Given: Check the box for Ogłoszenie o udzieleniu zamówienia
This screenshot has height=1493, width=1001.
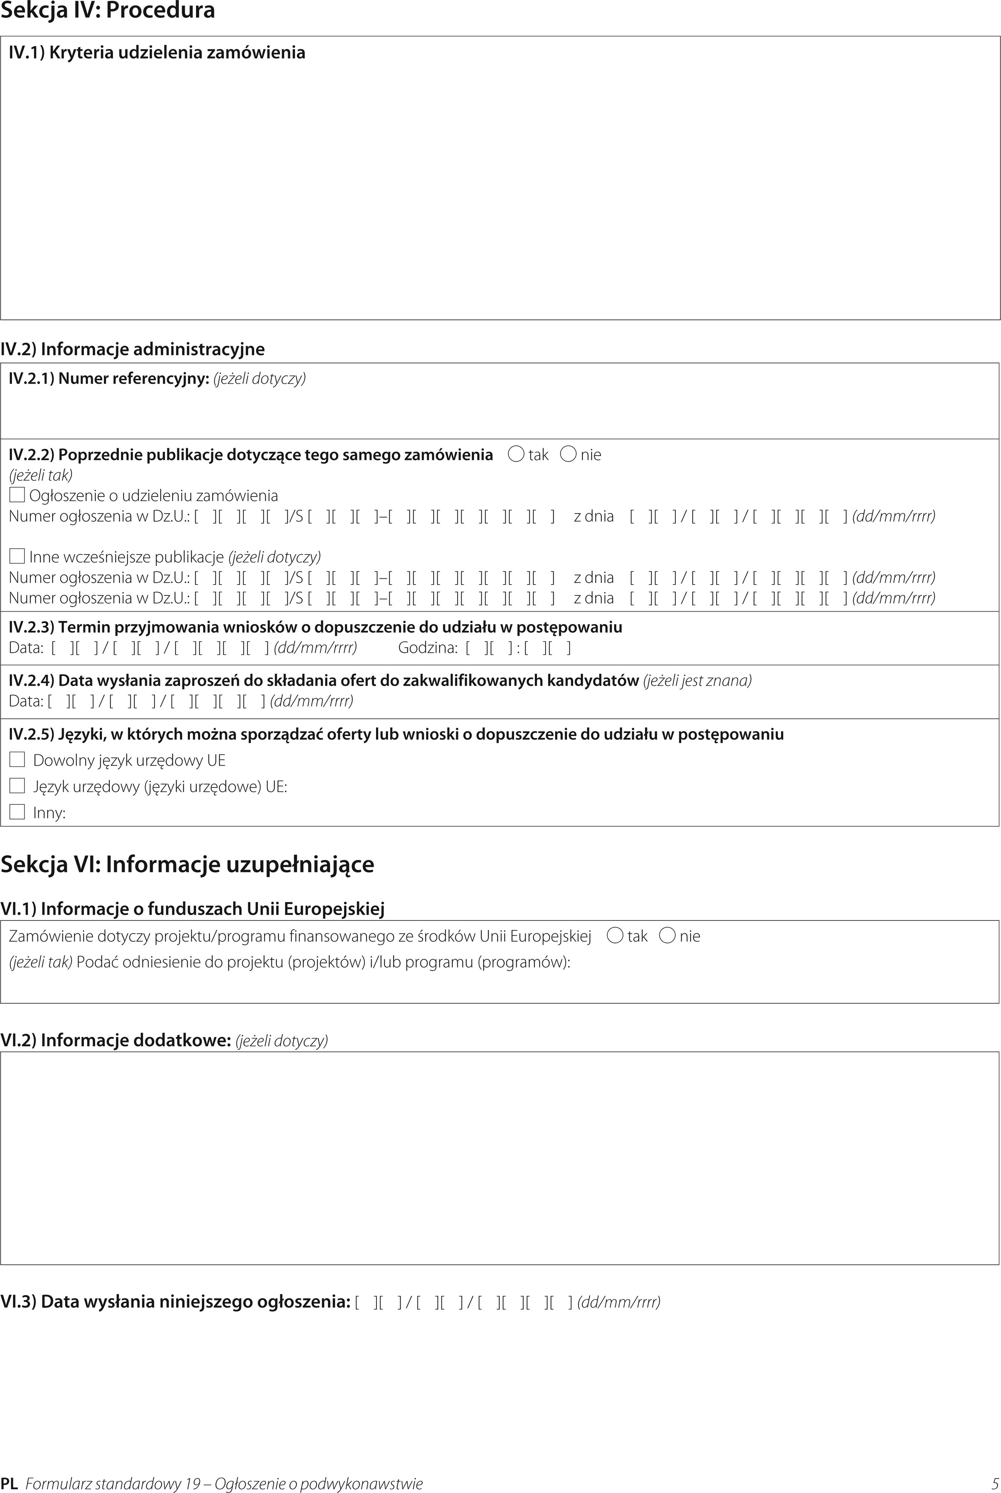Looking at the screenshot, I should (17, 495).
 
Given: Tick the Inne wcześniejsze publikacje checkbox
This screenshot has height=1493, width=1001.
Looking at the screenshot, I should (17, 556).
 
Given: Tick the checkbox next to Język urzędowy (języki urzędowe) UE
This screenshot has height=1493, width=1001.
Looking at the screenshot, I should (17, 785).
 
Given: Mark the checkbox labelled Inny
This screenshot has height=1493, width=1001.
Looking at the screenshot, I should (17, 812).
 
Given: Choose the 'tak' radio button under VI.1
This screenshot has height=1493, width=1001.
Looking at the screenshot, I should (616, 936).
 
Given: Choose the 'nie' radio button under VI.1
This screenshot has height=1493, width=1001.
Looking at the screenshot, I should (667, 936).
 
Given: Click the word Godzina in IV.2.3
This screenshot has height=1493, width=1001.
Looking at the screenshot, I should (427, 647).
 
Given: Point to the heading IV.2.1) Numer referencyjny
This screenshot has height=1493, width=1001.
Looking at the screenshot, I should (109, 379).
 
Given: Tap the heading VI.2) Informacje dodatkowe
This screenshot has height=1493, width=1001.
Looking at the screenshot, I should (115, 1040).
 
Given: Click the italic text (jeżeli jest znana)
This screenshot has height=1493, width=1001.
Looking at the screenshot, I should (697, 681).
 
